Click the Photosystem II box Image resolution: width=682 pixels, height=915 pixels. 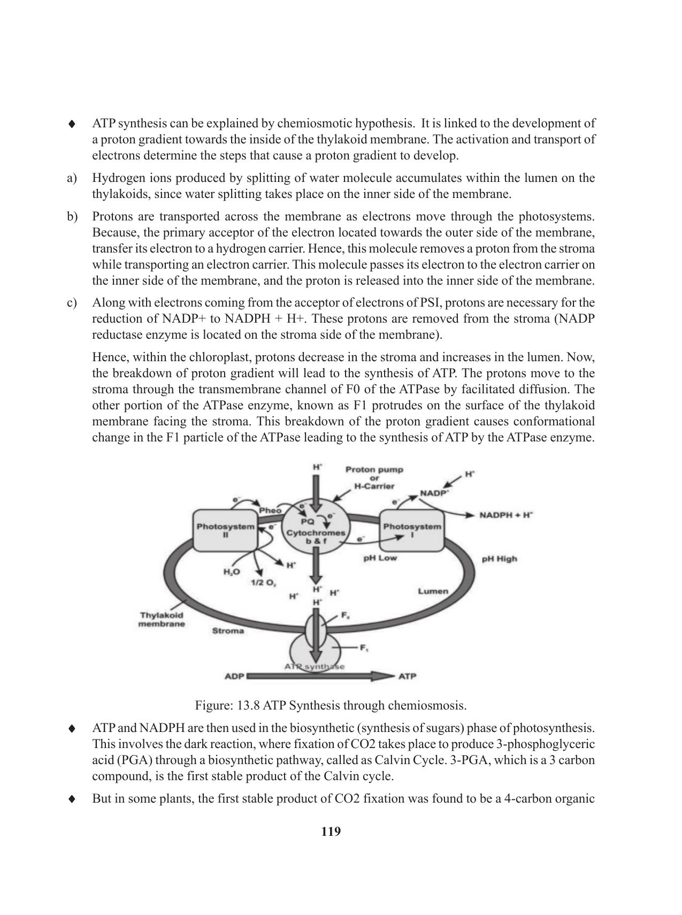[225, 530]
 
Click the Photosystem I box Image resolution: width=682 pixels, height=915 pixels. [412, 530]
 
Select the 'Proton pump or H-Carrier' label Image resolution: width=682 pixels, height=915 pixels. [374, 478]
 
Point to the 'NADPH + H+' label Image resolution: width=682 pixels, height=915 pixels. [506, 515]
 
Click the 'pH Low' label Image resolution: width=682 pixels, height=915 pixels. [380, 558]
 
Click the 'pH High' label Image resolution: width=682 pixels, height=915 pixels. [499, 559]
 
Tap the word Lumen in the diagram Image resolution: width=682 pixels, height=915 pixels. [432, 591]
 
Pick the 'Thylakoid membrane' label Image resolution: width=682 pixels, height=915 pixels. [162, 620]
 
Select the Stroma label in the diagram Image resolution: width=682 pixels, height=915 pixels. [228, 631]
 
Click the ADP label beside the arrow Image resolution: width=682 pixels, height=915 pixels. [234, 676]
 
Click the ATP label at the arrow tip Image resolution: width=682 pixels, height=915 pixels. [407, 676]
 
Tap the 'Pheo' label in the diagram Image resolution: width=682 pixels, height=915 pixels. [270, 510]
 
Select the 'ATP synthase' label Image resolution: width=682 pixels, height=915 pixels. [315, 667]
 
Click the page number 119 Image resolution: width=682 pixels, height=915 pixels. [331, 832]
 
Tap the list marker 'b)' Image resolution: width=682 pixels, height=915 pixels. [72, 217]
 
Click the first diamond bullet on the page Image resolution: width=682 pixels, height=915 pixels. [72, 124]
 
